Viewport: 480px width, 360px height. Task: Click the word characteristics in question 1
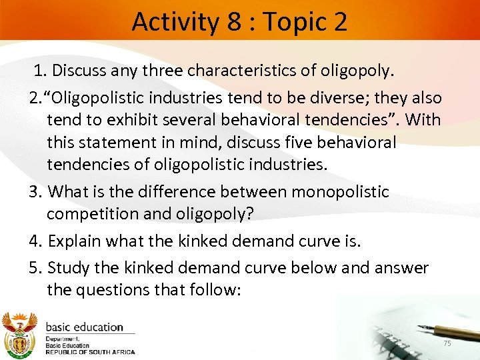point(218,70)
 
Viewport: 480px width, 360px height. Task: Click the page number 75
point(447,343)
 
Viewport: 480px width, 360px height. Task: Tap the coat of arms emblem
point(21,335)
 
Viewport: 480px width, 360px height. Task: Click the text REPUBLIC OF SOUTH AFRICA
point(90,352)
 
